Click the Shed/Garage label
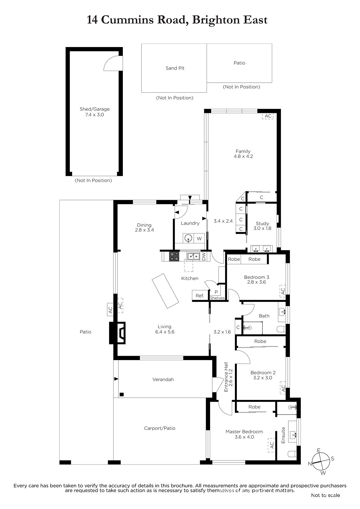coord(95,109)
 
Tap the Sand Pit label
coord(175,68)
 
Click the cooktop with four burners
coord(174,256)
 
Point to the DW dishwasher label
coord(204,256)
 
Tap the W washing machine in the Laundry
coord(199,239)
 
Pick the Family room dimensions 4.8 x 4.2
coord(243,156)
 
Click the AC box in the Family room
coord(268,116)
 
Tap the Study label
coord(262,223)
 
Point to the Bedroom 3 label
coord(257,277)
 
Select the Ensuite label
coord(283,436)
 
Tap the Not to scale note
coord(325,495)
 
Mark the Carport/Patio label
coord(160,428)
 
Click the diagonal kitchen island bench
coord(165,291)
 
